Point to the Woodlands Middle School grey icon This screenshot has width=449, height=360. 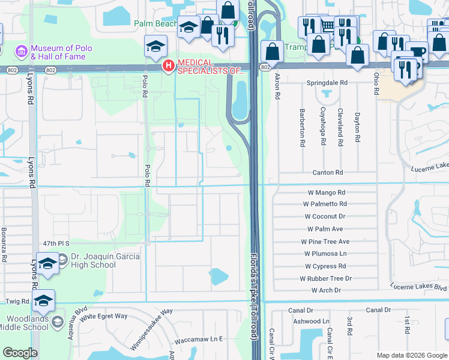[x=57, y=322]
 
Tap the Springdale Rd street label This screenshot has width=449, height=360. [x=327, y=82]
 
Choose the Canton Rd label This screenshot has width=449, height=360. [x=327, y=173]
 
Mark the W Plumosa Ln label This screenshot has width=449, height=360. [x=325, y=254]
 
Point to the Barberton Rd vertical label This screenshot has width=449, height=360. [x=302, y=128]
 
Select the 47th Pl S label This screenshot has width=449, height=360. [x=56, y=244]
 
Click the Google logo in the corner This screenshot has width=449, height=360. [x=20, y=353]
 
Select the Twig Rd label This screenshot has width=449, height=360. [x=17, y=301]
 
